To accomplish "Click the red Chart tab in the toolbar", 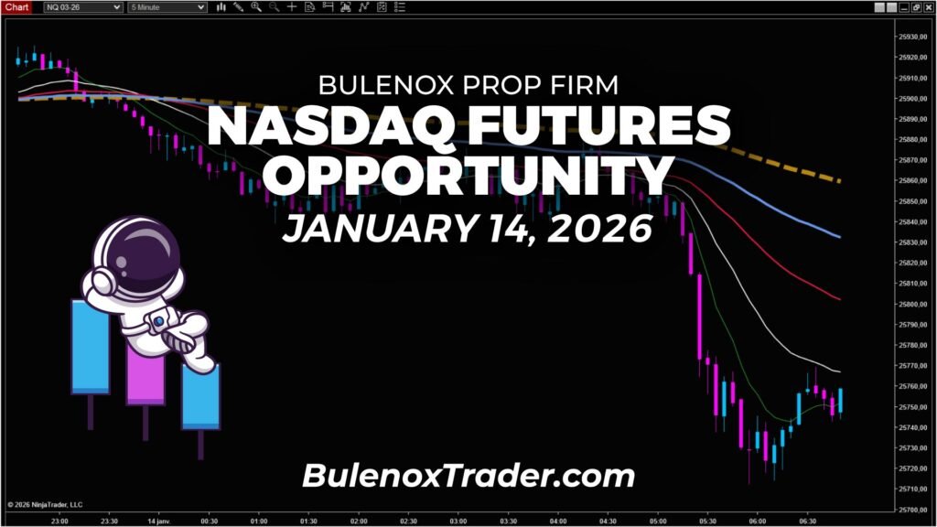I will [x=17, y=6].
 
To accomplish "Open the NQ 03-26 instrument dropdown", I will [x=83, y=6].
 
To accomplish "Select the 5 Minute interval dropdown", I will [x=169, y=6].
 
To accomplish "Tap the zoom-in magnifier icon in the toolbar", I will [x=256, y=6].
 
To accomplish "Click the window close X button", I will [x=928, y=6].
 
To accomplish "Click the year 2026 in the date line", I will [x=599, y=229].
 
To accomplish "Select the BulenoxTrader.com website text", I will [x=468, y=476].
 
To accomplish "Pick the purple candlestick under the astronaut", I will [x=145, y=380].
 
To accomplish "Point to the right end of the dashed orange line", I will [x=838, y=180].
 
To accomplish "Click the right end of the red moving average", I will [x=838, y=298].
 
